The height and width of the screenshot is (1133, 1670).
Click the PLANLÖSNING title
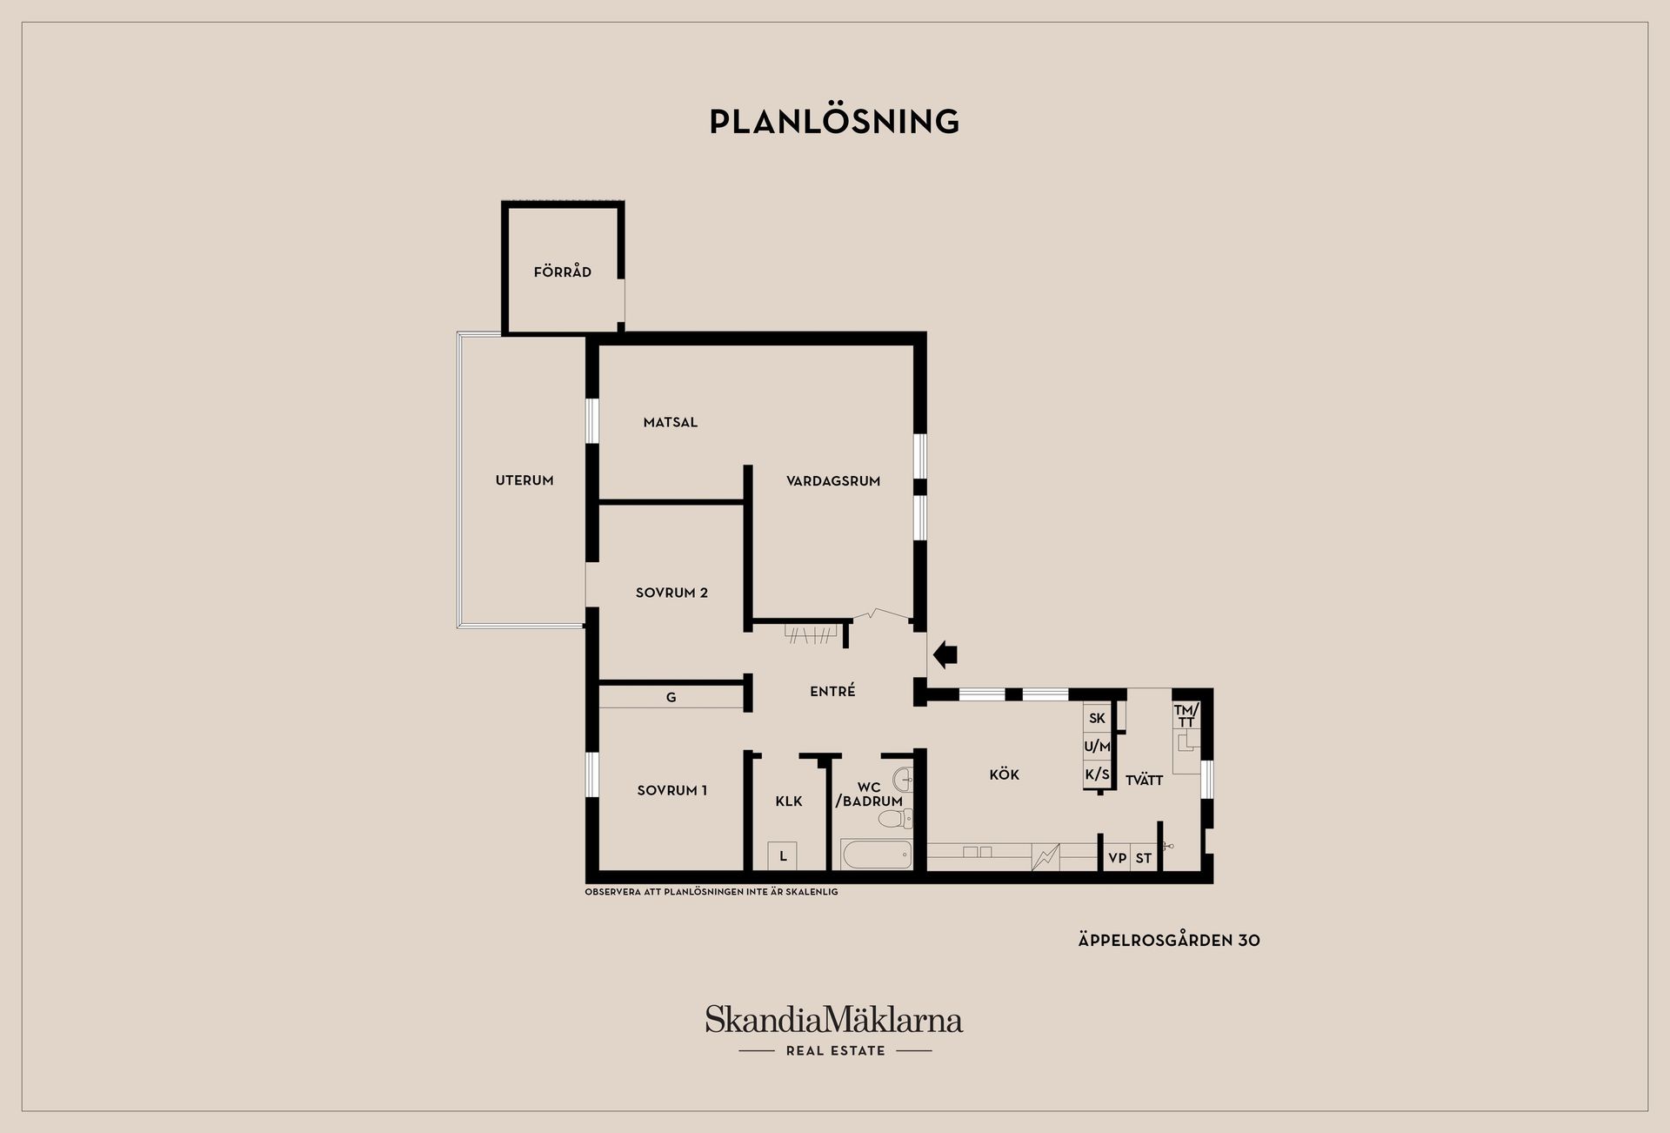click(834, 121)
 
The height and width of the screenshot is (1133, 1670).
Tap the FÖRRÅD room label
click(563, 272)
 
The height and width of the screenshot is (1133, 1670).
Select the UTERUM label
click(524, 480)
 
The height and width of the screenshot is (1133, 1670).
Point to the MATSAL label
click(671, 422)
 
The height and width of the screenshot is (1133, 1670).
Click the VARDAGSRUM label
click(833, 480)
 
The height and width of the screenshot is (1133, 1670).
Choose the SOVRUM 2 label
click(671, 593)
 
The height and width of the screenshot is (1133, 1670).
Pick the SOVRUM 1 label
click(671, 790)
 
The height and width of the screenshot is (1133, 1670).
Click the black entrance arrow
click(945, 654)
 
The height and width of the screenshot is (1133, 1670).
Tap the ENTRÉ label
click(832, 691)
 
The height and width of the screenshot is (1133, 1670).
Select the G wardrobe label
click(671, 697)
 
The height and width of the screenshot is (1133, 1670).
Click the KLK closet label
click(789, 801)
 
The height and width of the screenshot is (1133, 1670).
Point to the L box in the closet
click(783, 856)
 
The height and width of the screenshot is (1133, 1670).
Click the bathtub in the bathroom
click(876, 855)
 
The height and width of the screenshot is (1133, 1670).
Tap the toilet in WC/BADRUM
click(895, 818)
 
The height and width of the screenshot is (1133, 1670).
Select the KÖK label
click(1004, 774)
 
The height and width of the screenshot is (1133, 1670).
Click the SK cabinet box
click(1097, 718)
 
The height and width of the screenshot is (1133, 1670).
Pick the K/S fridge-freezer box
click(1097, 774)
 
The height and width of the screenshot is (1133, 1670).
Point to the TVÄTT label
click(1144, 780)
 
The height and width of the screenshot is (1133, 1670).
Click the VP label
click(1118, 858)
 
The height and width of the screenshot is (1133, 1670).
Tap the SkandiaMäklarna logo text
click(834, 1019)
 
